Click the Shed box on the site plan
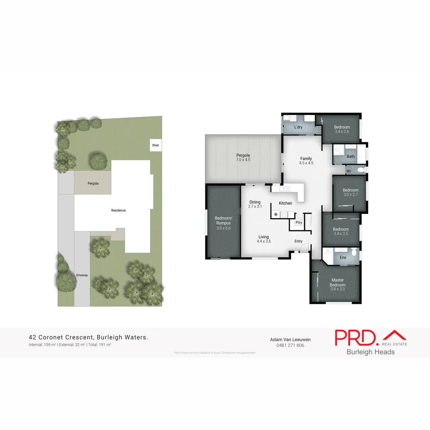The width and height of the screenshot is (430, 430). point(155,145)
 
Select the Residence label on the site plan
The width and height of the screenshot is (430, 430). point(118,210)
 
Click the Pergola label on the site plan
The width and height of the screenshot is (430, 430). point(93,184)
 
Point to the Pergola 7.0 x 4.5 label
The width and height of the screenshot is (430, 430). point(243,157)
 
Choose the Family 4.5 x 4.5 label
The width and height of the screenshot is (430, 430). point(306,160)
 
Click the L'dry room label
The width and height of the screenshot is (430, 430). point(299,127)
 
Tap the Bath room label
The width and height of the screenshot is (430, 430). point(350,156)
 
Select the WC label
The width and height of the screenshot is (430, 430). point(349,171)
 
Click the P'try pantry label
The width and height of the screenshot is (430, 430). point(299,223)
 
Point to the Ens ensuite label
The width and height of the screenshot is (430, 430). point(343,258)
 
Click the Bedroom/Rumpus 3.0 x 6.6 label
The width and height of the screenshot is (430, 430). point(223,223)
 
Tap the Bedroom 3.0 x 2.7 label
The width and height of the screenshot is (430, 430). point(351,192)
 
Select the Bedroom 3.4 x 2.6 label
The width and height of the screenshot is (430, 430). point(342,129)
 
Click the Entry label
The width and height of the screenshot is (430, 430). point(299,241)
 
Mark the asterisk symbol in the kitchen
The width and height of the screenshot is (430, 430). point(275,215)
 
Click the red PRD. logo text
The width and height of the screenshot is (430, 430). point(356,338)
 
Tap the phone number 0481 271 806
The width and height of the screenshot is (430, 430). point(290,345)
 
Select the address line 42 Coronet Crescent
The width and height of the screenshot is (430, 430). point(88,337)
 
